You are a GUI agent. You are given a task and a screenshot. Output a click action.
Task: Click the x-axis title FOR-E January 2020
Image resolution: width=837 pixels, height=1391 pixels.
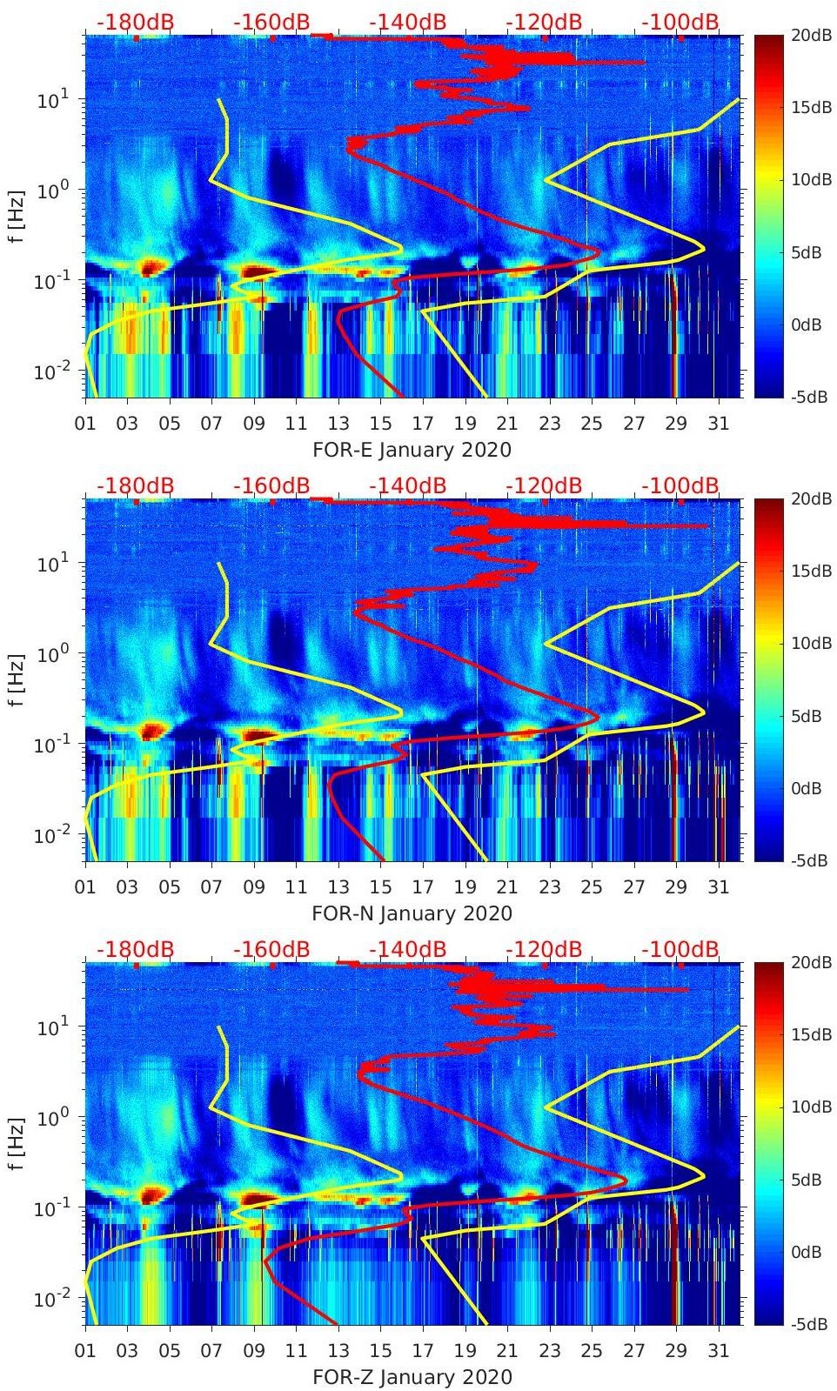point(412,450)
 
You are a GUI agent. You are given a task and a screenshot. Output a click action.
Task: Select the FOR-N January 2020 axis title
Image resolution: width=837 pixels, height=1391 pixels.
point(412,913)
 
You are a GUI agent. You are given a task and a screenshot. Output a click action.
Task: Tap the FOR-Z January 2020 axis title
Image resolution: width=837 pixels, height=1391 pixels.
point(412,1377)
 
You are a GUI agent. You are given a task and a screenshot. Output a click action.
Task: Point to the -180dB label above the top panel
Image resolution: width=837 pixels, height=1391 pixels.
point(135,22)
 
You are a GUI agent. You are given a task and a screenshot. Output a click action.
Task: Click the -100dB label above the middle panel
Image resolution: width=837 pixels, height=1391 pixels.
point(680,485)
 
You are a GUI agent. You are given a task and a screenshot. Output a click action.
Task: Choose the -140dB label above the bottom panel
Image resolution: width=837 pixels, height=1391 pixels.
point(407,949)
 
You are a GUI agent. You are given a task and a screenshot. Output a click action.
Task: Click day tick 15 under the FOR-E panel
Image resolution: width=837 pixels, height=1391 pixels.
point(380,424)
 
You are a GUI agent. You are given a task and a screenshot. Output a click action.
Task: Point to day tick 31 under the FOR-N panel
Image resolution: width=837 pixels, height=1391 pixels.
point(718,887)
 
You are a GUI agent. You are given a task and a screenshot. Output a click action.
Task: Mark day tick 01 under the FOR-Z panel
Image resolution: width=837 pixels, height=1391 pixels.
point(85,1351)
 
